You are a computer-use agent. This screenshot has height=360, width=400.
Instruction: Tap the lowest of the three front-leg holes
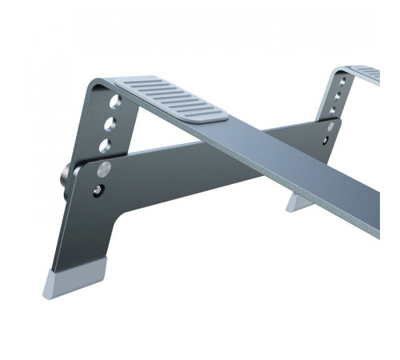[x=103, y=145]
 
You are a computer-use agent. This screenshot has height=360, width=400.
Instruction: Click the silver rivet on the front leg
[x=103, y=169]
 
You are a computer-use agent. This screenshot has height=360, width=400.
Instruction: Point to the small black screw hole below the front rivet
[x=98, y=190]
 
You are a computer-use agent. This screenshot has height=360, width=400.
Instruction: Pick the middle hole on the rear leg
[x=337, y=96]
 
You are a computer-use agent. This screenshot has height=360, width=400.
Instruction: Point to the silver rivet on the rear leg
[x=331, y=126]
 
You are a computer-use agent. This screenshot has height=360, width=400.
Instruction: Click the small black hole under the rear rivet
[x=328, y=142]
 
